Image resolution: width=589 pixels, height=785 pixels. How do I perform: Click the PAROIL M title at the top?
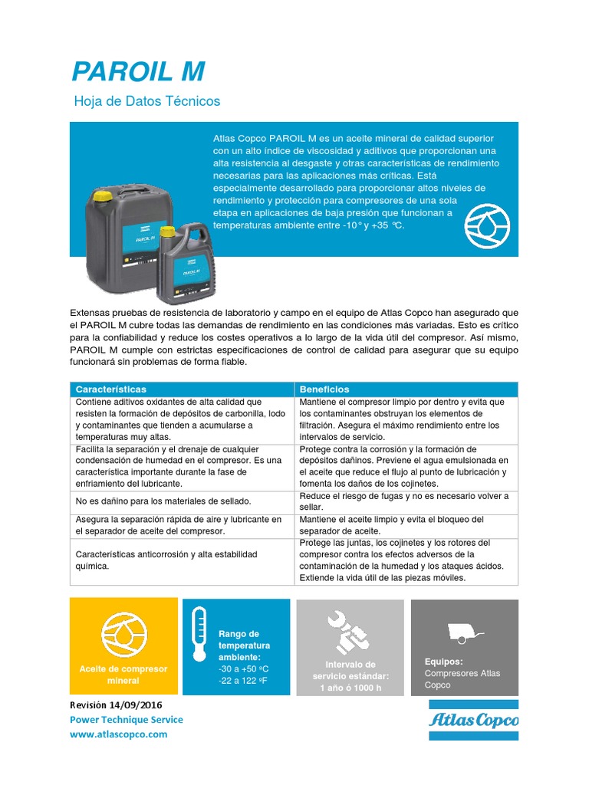(x=138, y=71)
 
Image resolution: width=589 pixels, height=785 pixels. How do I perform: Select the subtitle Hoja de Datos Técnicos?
(x=146, y=101)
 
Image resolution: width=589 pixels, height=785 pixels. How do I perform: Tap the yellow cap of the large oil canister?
(x=99, y=198)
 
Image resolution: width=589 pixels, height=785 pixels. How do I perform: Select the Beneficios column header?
(x=324, y=389)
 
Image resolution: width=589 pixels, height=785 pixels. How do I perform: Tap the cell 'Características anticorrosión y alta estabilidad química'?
(x=165, y=560)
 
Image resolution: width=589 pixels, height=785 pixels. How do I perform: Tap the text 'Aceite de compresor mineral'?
(x=123, y=675)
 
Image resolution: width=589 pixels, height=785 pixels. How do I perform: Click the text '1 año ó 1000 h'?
(x=350, y=688)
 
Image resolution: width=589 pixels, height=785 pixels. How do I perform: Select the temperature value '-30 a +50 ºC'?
(x=245, y=669)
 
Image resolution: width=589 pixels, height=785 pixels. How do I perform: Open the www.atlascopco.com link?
(x=118, y=734)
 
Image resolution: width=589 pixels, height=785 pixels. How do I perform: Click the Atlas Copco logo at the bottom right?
(x=472, y=720)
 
